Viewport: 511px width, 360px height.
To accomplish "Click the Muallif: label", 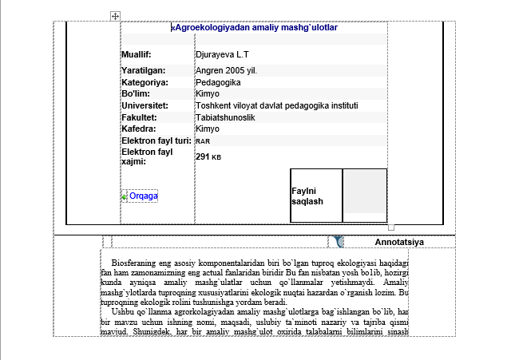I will (x=137, y=55).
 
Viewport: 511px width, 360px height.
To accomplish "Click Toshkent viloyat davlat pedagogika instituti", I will (x=276, y=105).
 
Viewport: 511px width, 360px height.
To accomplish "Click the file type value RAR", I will (x=203, y=141).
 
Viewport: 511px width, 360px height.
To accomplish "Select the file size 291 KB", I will (x=208, y=156).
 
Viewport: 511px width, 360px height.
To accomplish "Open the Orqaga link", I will (x=143, y=196).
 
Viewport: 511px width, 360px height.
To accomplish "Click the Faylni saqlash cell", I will (x=307, y=196).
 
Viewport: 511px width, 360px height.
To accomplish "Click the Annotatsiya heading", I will (x=398, y=242).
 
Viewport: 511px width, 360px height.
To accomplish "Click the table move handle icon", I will (x=115, y=16).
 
